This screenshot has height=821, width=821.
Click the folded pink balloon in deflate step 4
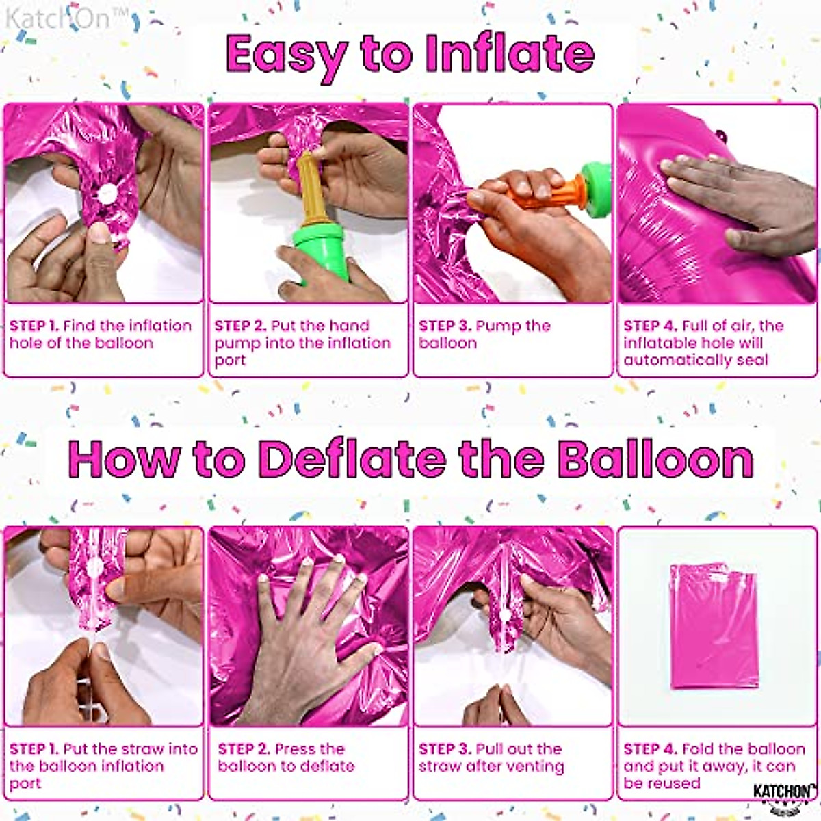coord(714,625)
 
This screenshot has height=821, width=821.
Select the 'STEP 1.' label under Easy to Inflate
coord(34,326)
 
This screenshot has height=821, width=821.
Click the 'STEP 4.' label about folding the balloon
coord(650,749)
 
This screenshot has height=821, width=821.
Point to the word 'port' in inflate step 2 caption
coord(230,360)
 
